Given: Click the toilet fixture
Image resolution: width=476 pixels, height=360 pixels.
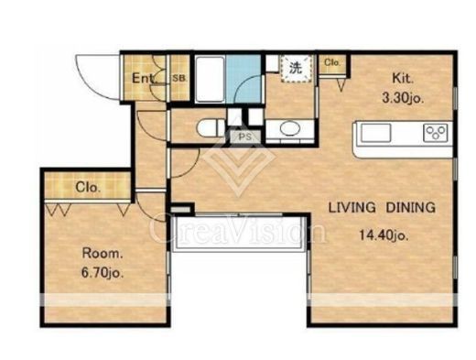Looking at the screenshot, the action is click(x=211, y=128).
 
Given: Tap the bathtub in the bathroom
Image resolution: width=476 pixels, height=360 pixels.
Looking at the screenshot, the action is click(x=210, y=79).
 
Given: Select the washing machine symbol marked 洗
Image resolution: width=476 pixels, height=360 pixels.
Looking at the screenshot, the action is click(x=297, y=69).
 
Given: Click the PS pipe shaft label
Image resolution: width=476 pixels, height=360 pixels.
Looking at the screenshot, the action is click(x=245, y=137).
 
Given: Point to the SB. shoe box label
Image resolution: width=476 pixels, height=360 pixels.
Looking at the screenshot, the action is click(x=179, y=78).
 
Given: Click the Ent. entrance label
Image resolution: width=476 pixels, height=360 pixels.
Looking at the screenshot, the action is click(x=145, y=79).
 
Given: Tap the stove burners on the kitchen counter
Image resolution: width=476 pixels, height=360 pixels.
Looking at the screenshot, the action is click(x=436, y=133).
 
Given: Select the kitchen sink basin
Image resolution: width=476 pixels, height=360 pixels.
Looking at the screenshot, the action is click(x=376, y=133).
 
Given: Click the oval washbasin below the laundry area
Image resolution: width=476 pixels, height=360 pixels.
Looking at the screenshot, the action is click(x=289, y=128).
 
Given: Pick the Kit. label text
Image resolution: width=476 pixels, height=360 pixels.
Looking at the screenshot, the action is click(x=403, y=78).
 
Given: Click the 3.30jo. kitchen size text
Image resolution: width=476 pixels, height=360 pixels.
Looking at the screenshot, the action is click(x=403, y=98).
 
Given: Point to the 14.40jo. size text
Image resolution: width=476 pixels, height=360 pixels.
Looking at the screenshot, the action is click(x=384, y=235).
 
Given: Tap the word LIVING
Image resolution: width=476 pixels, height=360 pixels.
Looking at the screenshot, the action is click(x=352, y=208).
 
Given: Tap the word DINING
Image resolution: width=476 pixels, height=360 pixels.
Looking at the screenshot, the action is click(x=410, y=208).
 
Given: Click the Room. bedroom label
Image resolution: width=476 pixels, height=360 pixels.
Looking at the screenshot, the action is click(x=103, y=254).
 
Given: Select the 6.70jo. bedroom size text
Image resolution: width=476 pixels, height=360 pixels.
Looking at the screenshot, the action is click(x=103, y=273).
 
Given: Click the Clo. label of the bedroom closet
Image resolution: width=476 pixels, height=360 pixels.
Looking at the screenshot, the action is click(x=88, y=187).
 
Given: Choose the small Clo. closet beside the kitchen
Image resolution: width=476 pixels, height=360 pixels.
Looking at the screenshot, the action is click(x=332, y=64).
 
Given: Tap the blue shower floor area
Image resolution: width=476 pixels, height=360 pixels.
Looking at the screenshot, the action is click(x=244, y=79).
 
